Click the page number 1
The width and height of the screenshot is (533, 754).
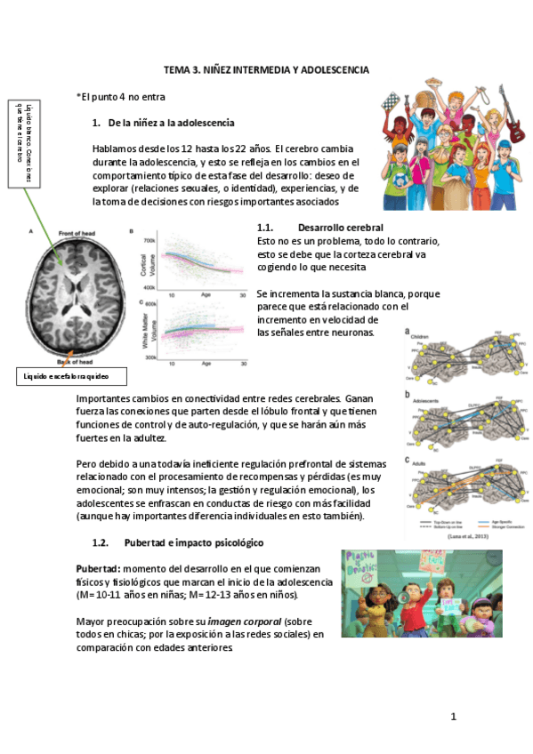click(x=452, y=717)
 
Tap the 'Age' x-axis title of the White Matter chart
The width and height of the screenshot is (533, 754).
click(x=206, y=364)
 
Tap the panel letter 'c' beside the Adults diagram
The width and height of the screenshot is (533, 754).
click(x=407, y=461)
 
